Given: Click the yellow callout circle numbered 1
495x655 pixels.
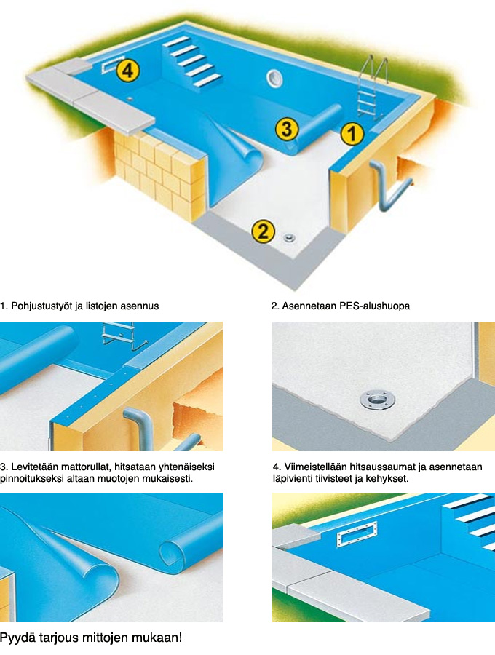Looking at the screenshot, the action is [352, 134].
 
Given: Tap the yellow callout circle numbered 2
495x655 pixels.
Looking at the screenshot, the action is [264, 231].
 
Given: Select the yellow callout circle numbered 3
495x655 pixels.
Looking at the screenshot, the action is [287, 128].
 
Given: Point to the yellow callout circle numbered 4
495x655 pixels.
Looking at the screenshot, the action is [128, 70].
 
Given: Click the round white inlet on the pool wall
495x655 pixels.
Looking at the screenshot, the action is [274, 78].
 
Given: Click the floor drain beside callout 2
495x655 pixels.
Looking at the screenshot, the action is [289, 239].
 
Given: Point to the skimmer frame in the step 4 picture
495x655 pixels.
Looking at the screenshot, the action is [356, 534].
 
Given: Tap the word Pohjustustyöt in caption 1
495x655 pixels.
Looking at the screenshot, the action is [41, 306].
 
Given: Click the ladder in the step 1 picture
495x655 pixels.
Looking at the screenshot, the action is [121, 335].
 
